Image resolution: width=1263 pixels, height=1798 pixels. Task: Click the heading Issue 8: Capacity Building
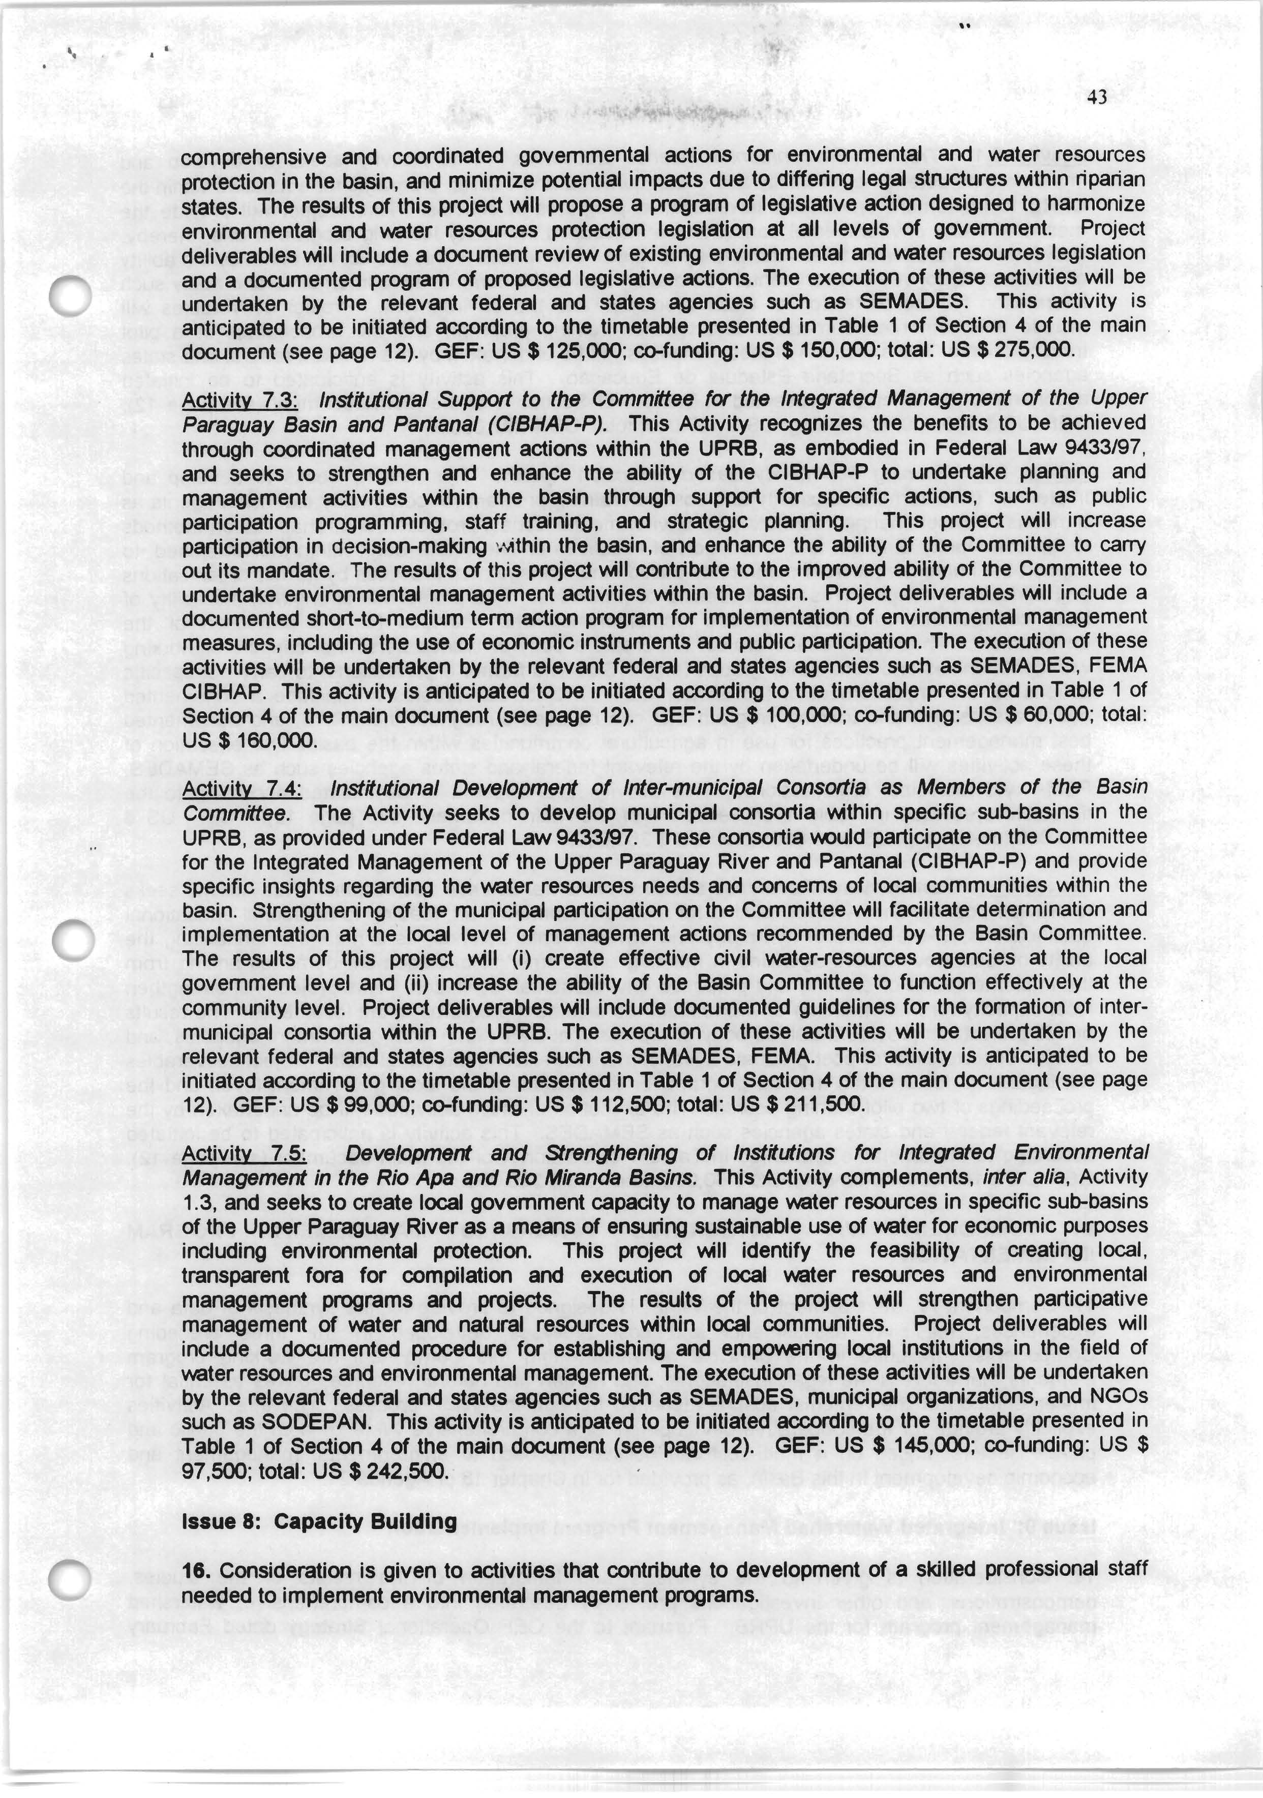319,1521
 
